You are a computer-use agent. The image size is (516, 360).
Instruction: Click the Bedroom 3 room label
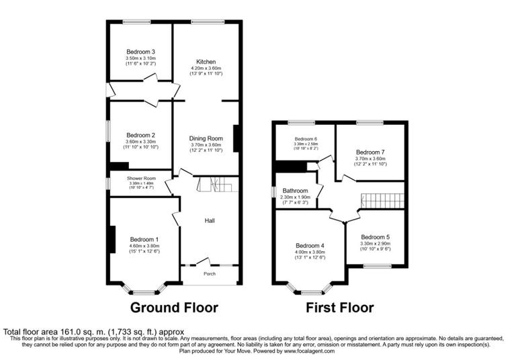click(141, 52)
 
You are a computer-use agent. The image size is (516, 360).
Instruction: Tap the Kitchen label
click(206, 61)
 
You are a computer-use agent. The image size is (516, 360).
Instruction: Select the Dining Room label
click(206, 138)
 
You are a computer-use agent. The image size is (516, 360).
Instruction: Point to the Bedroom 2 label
click(141, 134)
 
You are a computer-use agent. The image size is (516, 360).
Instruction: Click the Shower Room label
click(141, 177)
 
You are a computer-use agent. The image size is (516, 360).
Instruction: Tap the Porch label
click(210, 274)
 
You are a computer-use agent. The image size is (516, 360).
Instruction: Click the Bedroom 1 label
click(144, 240)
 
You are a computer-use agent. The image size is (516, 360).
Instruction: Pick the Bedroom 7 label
click(371, 152)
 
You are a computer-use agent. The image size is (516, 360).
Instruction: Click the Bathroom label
click(295, 190)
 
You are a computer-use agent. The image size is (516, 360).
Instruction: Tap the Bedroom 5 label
click(375, 237)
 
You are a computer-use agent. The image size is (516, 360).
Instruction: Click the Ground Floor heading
click(174, 308)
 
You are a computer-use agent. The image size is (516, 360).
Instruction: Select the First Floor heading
click(339, 308)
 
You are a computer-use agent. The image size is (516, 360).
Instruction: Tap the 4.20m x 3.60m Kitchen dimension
click(206, 69)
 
